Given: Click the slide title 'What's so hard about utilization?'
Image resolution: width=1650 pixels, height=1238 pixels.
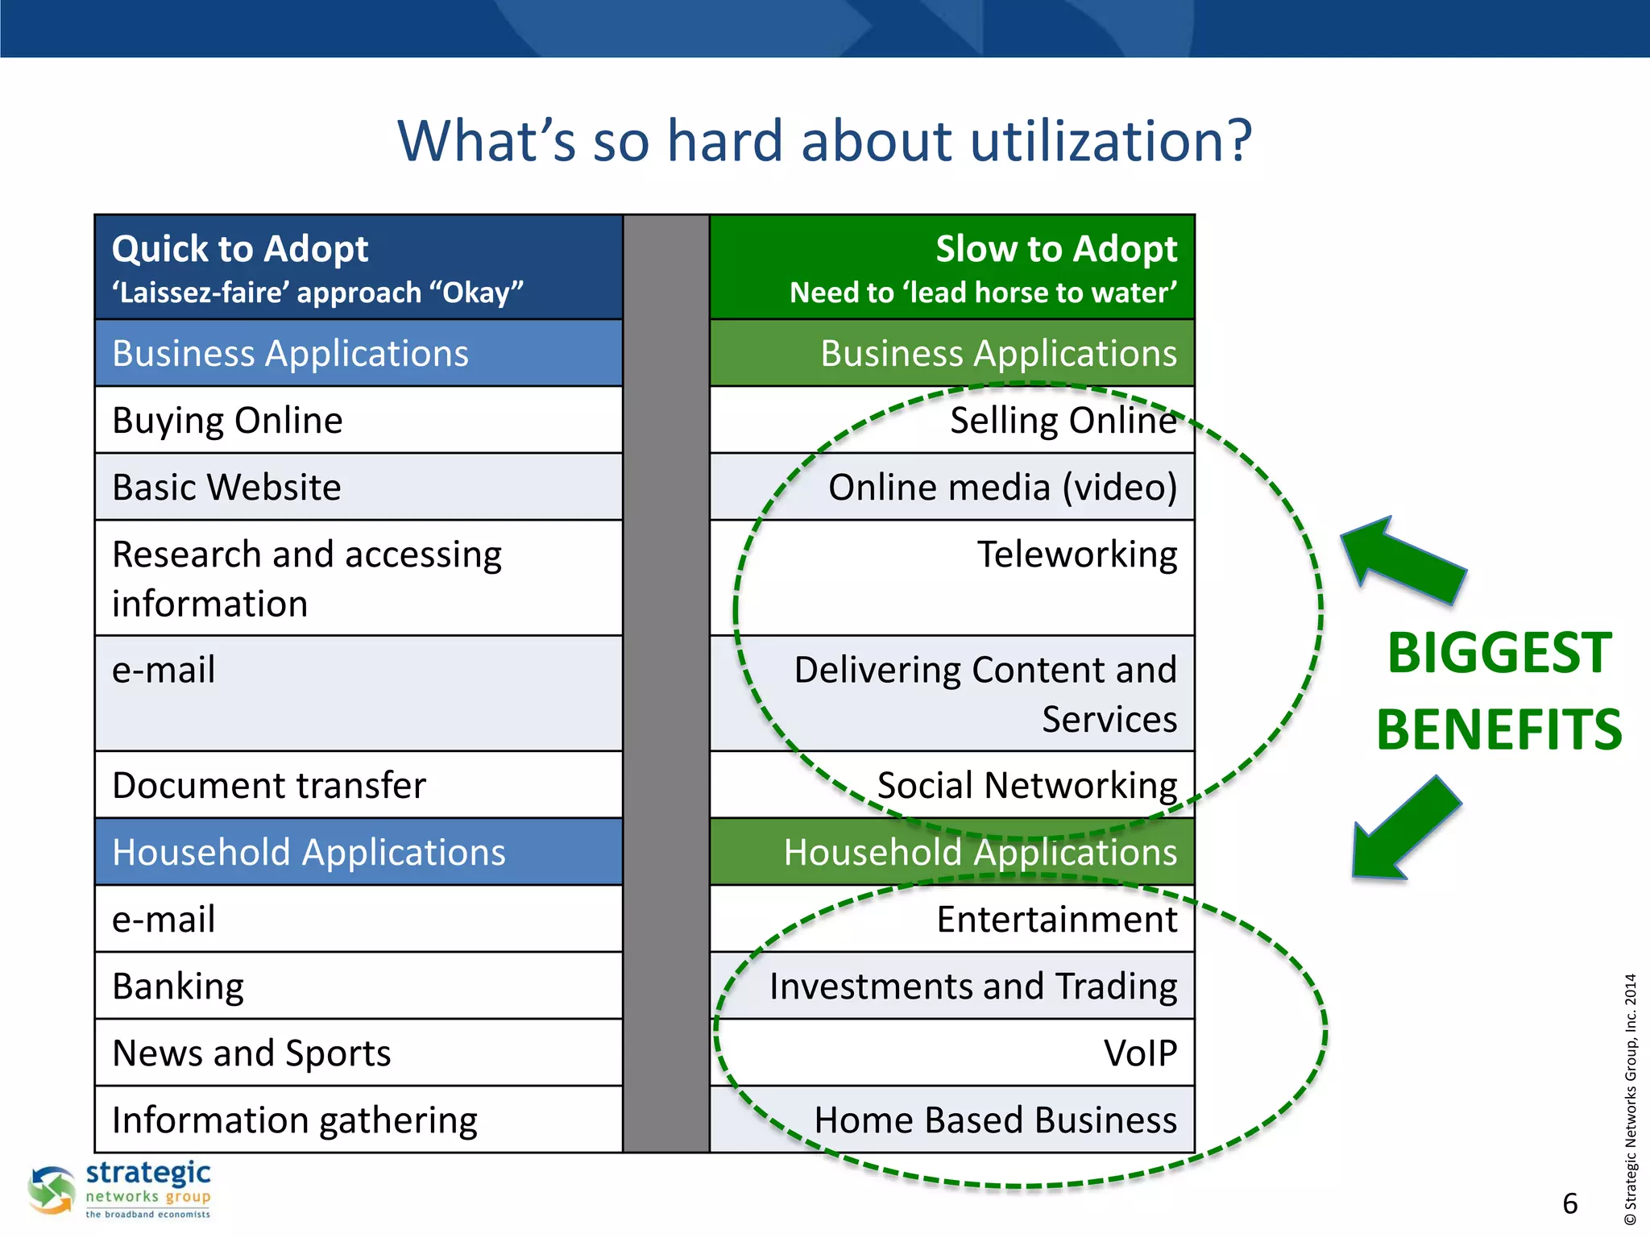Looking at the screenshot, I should pyautogui.click(x=824, y=141).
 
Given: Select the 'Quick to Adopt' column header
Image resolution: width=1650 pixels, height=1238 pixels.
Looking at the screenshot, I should pyautogui.click(x=240, y=249).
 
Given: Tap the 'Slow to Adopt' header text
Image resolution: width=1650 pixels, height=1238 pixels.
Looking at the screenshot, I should pyautogui.click(x=1055, y=249).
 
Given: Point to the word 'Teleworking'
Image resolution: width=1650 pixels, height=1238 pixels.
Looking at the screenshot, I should pyautogui.click(x=1076, y=555).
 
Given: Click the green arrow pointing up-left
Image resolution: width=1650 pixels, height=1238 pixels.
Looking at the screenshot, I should pyautogui.click(x=1403, y=563).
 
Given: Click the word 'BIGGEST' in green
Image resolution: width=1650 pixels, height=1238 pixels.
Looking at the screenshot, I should pyautogui.click(x=1499, y=653).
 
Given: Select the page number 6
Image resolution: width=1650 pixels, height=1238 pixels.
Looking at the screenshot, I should pyautogui.click(x=1569, y=1204).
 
